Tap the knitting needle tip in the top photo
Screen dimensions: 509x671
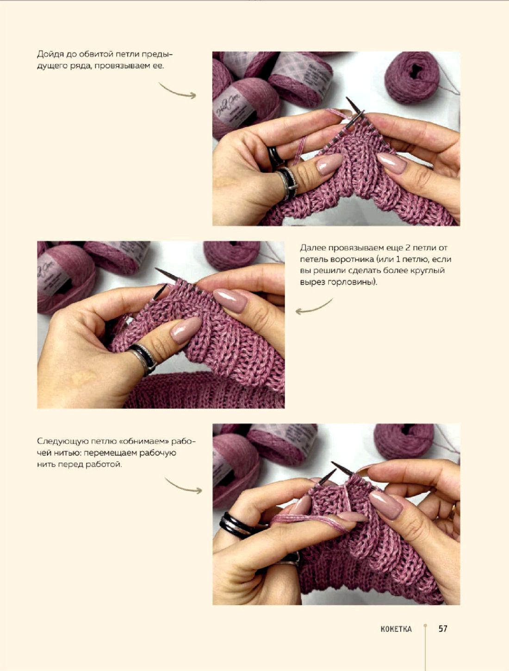[347, 99]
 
